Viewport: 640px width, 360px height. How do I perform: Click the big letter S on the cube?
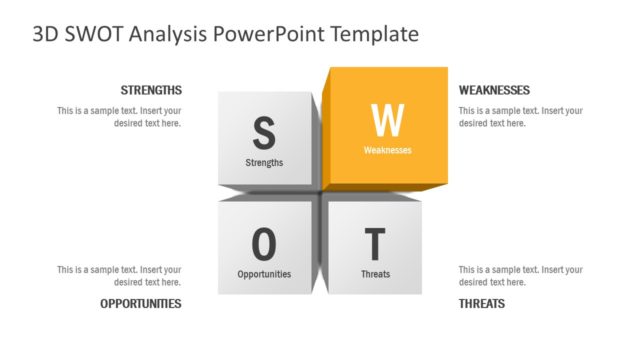click(x=264, y=131)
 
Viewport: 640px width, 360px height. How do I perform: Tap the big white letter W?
click(x=387, y=120)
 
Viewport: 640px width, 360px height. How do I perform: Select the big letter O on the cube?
click(x=264, y=243)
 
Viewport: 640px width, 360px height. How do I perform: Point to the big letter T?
click(x=375, y=243)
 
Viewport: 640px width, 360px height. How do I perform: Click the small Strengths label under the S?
click(x=264, y=162)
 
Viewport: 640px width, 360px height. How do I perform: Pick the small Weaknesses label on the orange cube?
click(x=387, y=151)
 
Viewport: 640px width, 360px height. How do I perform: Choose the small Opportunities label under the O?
click(x=264, y=274)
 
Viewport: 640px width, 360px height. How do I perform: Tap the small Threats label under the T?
click(x=375, y=274)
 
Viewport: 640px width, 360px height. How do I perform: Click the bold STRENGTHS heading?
click(x=151, y=90)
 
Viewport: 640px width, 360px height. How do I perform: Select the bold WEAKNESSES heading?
click(x=494, y=90)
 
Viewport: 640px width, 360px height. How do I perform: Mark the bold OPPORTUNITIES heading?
click(x=141, y=303)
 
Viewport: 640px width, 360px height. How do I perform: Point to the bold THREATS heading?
click(x=482, y=303)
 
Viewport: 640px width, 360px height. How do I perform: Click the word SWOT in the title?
click(x=98, y=34)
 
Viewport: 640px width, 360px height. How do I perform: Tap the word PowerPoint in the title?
click(x=264, y=34)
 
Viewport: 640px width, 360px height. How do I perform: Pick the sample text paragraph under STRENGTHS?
click(x=119, y=117)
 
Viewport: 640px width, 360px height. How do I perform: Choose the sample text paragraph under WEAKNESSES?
click(x=520, y=117)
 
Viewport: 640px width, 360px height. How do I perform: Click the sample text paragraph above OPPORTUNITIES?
click(x=119, y=275)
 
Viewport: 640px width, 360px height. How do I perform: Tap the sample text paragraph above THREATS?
click(x=520, y=275)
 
